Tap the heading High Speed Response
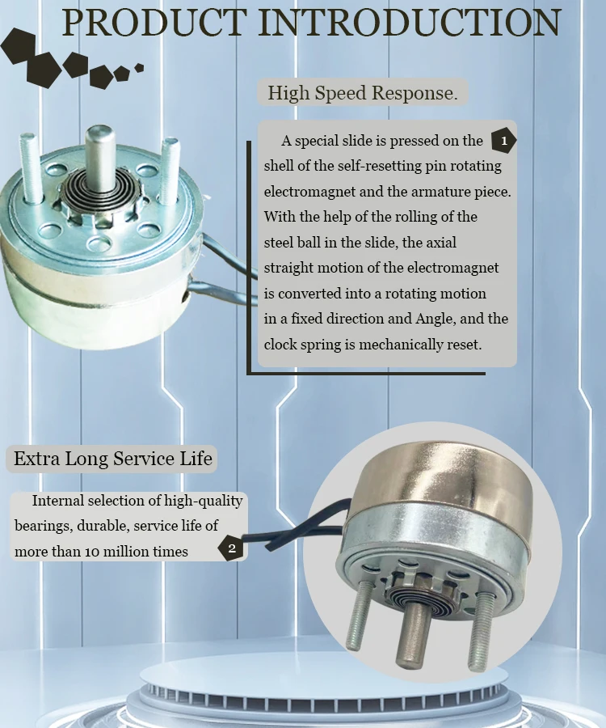coord(362,93)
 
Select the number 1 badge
coord(503,141)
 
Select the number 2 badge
coord(231,549)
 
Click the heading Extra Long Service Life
coord(113,459)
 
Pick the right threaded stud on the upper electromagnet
coord(170,170)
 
